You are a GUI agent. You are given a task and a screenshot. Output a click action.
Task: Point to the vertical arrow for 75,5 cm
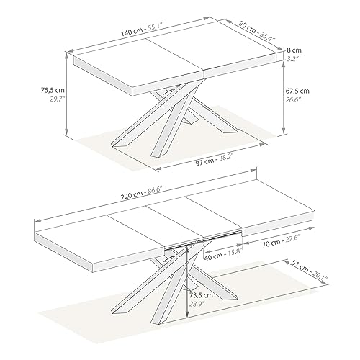(67, 97)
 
